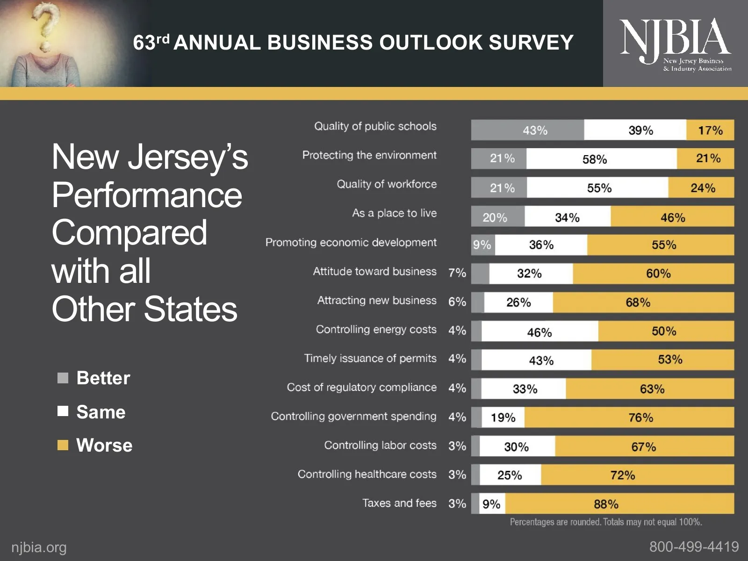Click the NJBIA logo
click(x=675, y=43)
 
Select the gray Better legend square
click(x=63, y=378)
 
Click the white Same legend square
click(x=63, y=411)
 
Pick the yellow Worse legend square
click(x=63, y=445)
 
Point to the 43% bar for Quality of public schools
click(x=527, y=130)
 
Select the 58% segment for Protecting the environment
click(x=601, y=159)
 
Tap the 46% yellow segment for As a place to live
click(x=672, y=217)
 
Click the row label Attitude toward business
click(x=374, y=272)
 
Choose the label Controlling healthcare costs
click(x=367, y=474)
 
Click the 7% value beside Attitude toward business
click(x=457, y=273)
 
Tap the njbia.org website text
click(x=39, y=547)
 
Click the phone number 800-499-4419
click(x=694, y=547)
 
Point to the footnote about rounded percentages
click(x=606, y=522)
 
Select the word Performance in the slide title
click(x=147, y=195)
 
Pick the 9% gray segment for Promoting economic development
click(x=482, y=245)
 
